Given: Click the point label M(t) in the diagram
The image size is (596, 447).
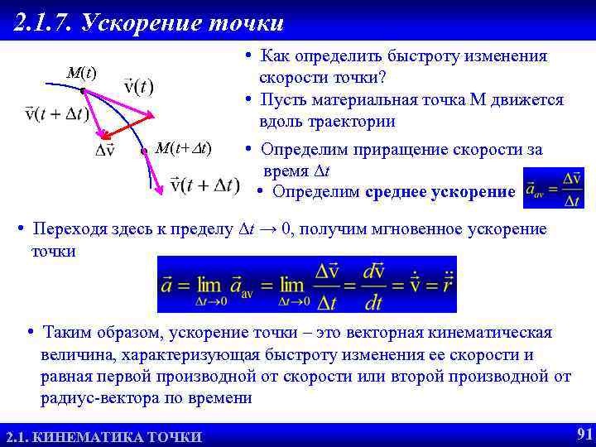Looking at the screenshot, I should point(80,74).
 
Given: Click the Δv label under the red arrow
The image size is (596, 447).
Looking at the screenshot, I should point(106,151).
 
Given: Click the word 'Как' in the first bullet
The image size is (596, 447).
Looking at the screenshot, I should point(276,56).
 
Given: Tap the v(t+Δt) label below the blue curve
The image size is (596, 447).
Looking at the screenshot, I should point(204,185).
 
